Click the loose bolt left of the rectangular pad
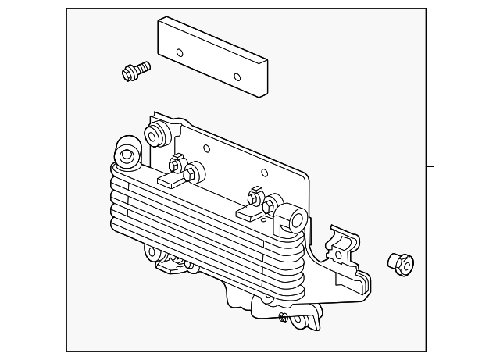click(x=136, y=70)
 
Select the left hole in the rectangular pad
click(x=180, y=54)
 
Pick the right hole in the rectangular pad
click(x=237, y=77)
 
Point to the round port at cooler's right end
click(x=295, y=218)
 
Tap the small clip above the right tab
click(x=255, y=191)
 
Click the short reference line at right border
click(x=429, y=166)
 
